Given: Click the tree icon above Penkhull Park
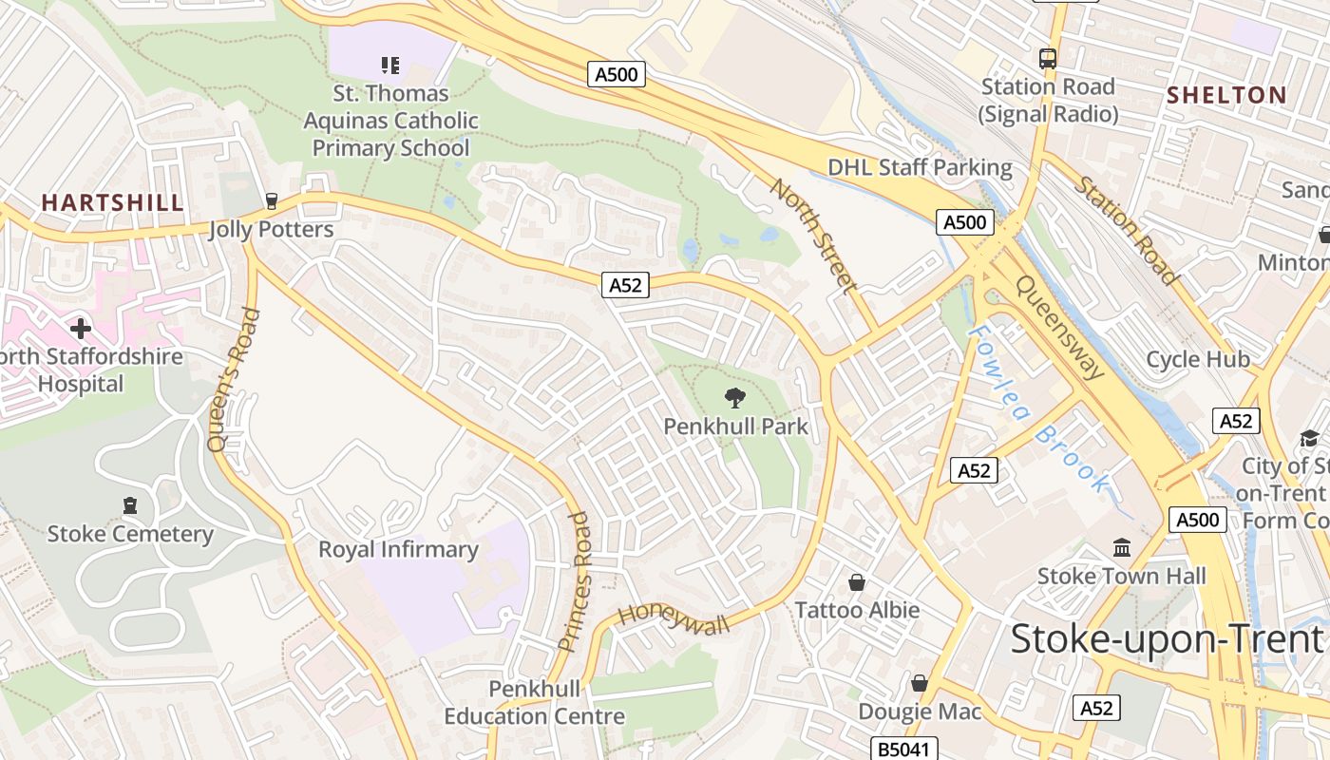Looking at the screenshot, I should click(x=734, y=397).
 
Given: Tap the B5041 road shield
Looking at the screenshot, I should click(x=905, y=749).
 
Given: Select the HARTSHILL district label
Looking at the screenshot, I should click(x=112, y=202).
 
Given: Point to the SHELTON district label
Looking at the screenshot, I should click(x=1225, y=95).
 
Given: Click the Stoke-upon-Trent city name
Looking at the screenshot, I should click(x=1167, y=638).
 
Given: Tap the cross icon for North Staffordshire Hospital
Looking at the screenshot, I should click(x=81, y=329).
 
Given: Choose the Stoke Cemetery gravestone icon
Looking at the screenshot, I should click(x=130, y=505).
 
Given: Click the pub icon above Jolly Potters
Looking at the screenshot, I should click(x=272, y=201).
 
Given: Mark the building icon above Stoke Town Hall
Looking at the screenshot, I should click(x=1122, y=548).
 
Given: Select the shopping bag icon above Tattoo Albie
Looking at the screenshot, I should click(x=857, y=581).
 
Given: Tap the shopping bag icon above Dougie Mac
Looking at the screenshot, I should click(x=919, y=683).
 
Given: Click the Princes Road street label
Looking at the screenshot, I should click(x=576, y=580).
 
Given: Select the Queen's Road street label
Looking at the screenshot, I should click(x=232, y=379).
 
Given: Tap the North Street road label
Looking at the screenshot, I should click(x=814, y=235).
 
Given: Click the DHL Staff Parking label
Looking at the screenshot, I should click(x=920, y=167).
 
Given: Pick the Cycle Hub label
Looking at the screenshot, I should click(x=1197, y=359).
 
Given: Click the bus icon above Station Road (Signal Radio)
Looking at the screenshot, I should click(x=1048, y=59).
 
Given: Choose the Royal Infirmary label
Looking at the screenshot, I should click(x=398, y=549).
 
